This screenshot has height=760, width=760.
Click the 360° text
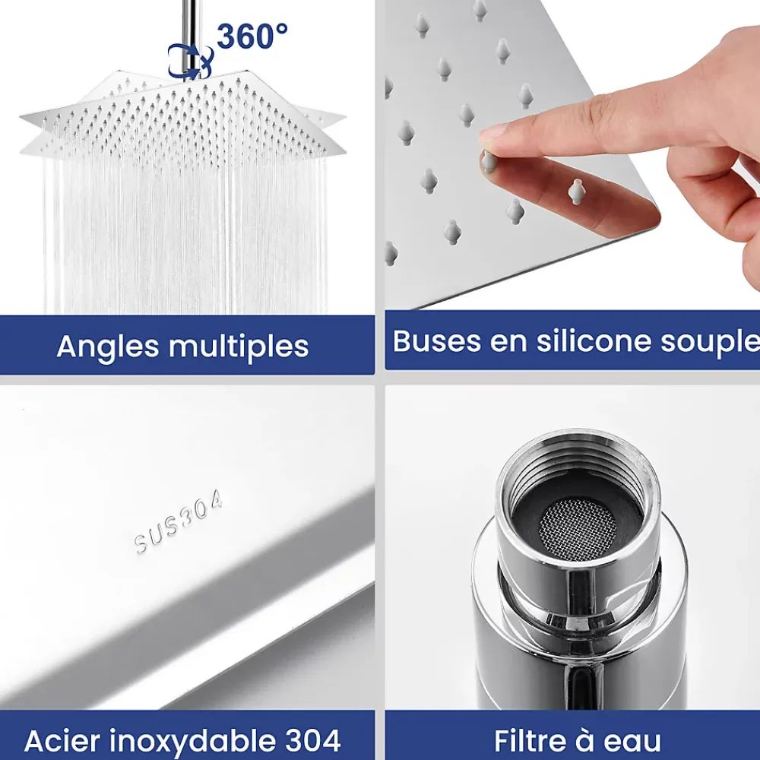tap(252, 36)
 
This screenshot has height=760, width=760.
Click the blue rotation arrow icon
tap(190, 62)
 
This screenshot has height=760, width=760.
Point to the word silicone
tap(594, 340)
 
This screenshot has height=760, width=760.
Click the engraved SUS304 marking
tap(179, 521)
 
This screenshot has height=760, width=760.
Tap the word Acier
tap(62, 740)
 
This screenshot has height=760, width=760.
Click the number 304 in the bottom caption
tap(313, 740)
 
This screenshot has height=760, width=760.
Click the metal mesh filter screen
tap(578, 528)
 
